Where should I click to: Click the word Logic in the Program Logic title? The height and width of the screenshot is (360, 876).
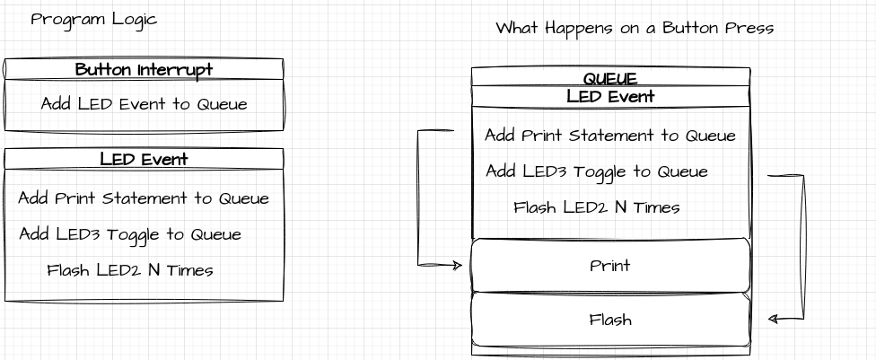pyautogui.click(x=132, y=19)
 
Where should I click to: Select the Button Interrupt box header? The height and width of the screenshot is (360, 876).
pyautogui.click(x=144, y=69)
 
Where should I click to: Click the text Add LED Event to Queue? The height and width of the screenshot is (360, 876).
pyautogui.click(x=144, y=104)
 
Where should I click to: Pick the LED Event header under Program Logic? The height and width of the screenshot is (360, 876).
pyautogui.click(x=144, y=160)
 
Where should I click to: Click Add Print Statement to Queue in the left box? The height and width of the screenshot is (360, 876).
pyautogui.click(x=144, y=198)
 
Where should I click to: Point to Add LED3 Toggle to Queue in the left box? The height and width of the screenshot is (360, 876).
pyautogui.click(x=130, y=234)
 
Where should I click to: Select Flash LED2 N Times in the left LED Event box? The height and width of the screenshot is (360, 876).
pyautogui.click(x=130, y=270)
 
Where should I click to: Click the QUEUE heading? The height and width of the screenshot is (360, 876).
pyautogui.click(x=610, y=78)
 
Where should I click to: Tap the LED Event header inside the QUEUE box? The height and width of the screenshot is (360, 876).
pyautogui.click(x=610, y=96)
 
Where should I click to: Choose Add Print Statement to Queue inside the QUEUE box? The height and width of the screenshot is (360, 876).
pyautogui.click(x=610, y=136)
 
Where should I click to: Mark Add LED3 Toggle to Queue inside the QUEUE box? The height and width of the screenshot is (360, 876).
pyautogui.click(x=597, y=171)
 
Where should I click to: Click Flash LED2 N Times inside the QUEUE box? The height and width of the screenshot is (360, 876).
pyautogui.click(x=597, y=207)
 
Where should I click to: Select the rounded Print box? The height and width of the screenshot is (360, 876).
pyautogui.click(x=610, y=266)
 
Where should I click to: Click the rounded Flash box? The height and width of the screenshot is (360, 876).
pyautogui.click(x=610, y=320)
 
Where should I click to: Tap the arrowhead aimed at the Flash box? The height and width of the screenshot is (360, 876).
pyautogui.click(x=773, y=319)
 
